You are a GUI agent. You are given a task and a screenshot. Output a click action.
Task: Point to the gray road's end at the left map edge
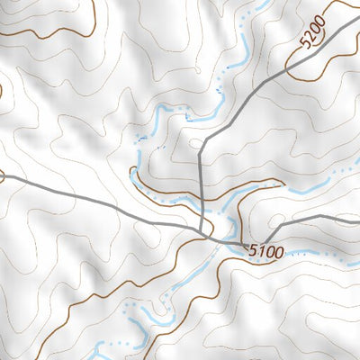pyautogui.click(x=3, y=178)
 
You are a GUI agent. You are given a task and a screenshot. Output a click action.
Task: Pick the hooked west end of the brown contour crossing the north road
pyautogui.click(x=133, y=169)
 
